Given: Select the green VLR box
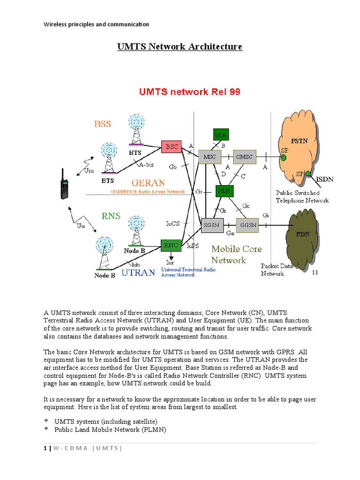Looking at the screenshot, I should tap(221, 135).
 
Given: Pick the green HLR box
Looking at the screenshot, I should tap(224, 190).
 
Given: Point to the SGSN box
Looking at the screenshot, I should tap(210, 225).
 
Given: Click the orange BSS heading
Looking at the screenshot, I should tap(103, 124).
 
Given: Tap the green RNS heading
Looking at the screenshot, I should tap(111, 216).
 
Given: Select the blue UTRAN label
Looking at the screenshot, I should tap(138, 273).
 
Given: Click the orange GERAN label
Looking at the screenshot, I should tap(148, 183).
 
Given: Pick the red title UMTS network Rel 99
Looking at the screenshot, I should tap(189, 92).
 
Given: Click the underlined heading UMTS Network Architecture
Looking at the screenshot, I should tap(180, 47).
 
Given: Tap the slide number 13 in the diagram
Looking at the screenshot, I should tap(315, 272).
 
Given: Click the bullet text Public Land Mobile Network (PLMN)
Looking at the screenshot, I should tap(110, 429).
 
